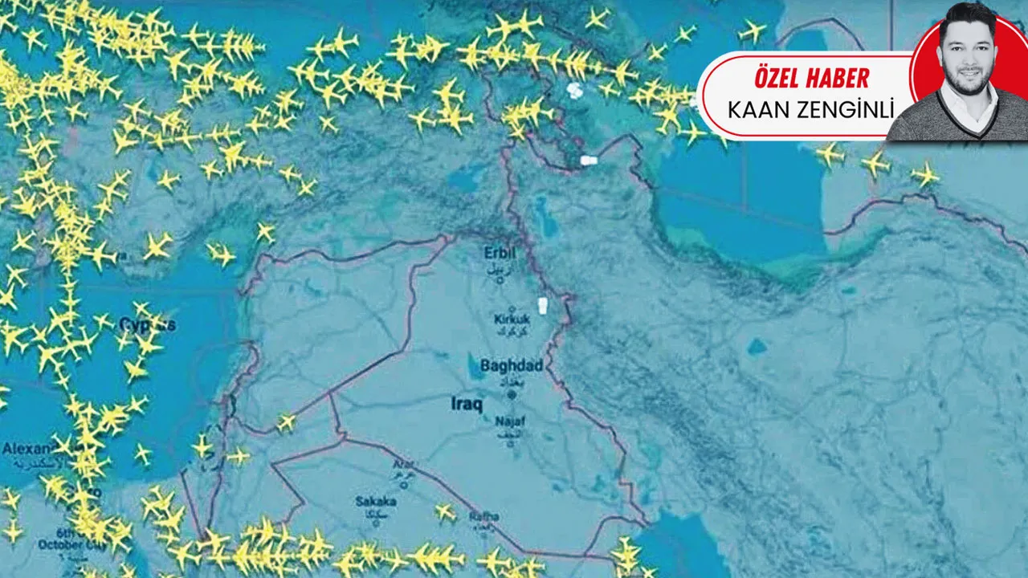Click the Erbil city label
pos(500,254)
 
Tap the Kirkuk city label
pos(512,320)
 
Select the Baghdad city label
pos(512,366)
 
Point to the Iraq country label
pos(466,405)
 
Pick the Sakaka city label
pos(375,502)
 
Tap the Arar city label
pos(403,464)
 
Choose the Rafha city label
pos(483,516)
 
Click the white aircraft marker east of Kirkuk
pos(542,306)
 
